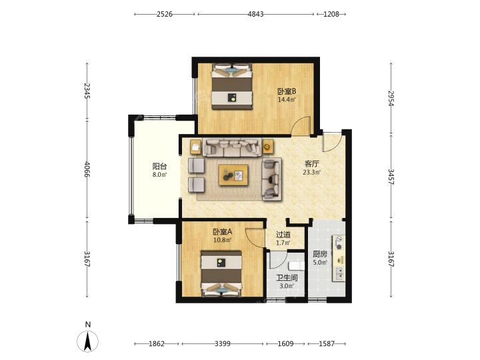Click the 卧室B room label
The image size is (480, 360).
(287, 91)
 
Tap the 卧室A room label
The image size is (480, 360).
(223, 232)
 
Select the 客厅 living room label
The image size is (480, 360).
(311, 164)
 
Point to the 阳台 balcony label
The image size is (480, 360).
(159, 166)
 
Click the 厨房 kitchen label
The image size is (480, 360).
(320, 254)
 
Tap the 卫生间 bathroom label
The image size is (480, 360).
(287, 278)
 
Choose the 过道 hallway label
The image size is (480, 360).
(283, 235)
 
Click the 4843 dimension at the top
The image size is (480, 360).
(255, 14)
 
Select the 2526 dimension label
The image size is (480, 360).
(165, 14)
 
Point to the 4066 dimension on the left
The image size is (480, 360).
(87, 169)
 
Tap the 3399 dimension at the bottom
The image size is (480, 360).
(223, 344)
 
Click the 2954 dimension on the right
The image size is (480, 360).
(391, 98)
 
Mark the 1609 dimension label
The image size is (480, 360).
(285, 344)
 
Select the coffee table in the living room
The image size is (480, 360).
(233, 175)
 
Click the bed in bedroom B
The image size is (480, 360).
(232, 86)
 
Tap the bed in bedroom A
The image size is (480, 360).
(221, 274)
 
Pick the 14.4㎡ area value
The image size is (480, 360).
(287, 99)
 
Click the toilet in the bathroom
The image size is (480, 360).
(297, 266)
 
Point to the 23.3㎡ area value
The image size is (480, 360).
(311, 173)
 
